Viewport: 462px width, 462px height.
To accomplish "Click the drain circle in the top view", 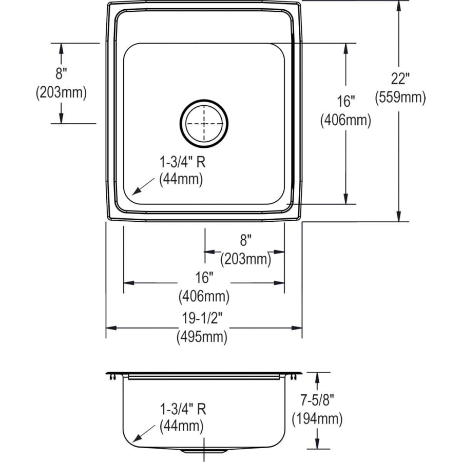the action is (x=204, y=123).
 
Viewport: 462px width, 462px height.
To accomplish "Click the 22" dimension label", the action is (x=400, y=79).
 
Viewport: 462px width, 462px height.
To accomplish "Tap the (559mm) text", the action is (x=400, y=98).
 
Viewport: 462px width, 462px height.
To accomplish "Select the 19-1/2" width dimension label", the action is (x=202, y=318).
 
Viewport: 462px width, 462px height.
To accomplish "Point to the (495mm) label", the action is (x=202, y=337).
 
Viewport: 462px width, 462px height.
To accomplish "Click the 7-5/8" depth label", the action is (x=317, y=400).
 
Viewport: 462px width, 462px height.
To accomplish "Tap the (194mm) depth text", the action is (x=317, y=419).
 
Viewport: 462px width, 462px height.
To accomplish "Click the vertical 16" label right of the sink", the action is (x=345, y=102).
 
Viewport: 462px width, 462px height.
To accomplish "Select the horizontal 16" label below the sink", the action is (x=204, y=277).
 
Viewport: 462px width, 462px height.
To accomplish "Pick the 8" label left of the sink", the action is (x=61, y=73).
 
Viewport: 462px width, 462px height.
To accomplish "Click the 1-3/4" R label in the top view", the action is (x=182, y=162).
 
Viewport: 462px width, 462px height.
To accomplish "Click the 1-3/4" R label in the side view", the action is (x=183, y=409).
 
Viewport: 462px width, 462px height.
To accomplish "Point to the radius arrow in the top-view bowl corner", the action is (x=143, y=186).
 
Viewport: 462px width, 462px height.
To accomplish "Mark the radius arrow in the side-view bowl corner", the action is (x=144, y=433).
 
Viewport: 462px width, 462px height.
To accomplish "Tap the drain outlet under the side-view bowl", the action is (x=204, y=451).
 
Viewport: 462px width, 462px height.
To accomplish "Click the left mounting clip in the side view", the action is (x=112, y=377).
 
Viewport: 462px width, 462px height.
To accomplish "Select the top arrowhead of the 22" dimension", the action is (x=399, y=6).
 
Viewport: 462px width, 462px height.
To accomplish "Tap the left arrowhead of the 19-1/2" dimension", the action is (x=111, y=328).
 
